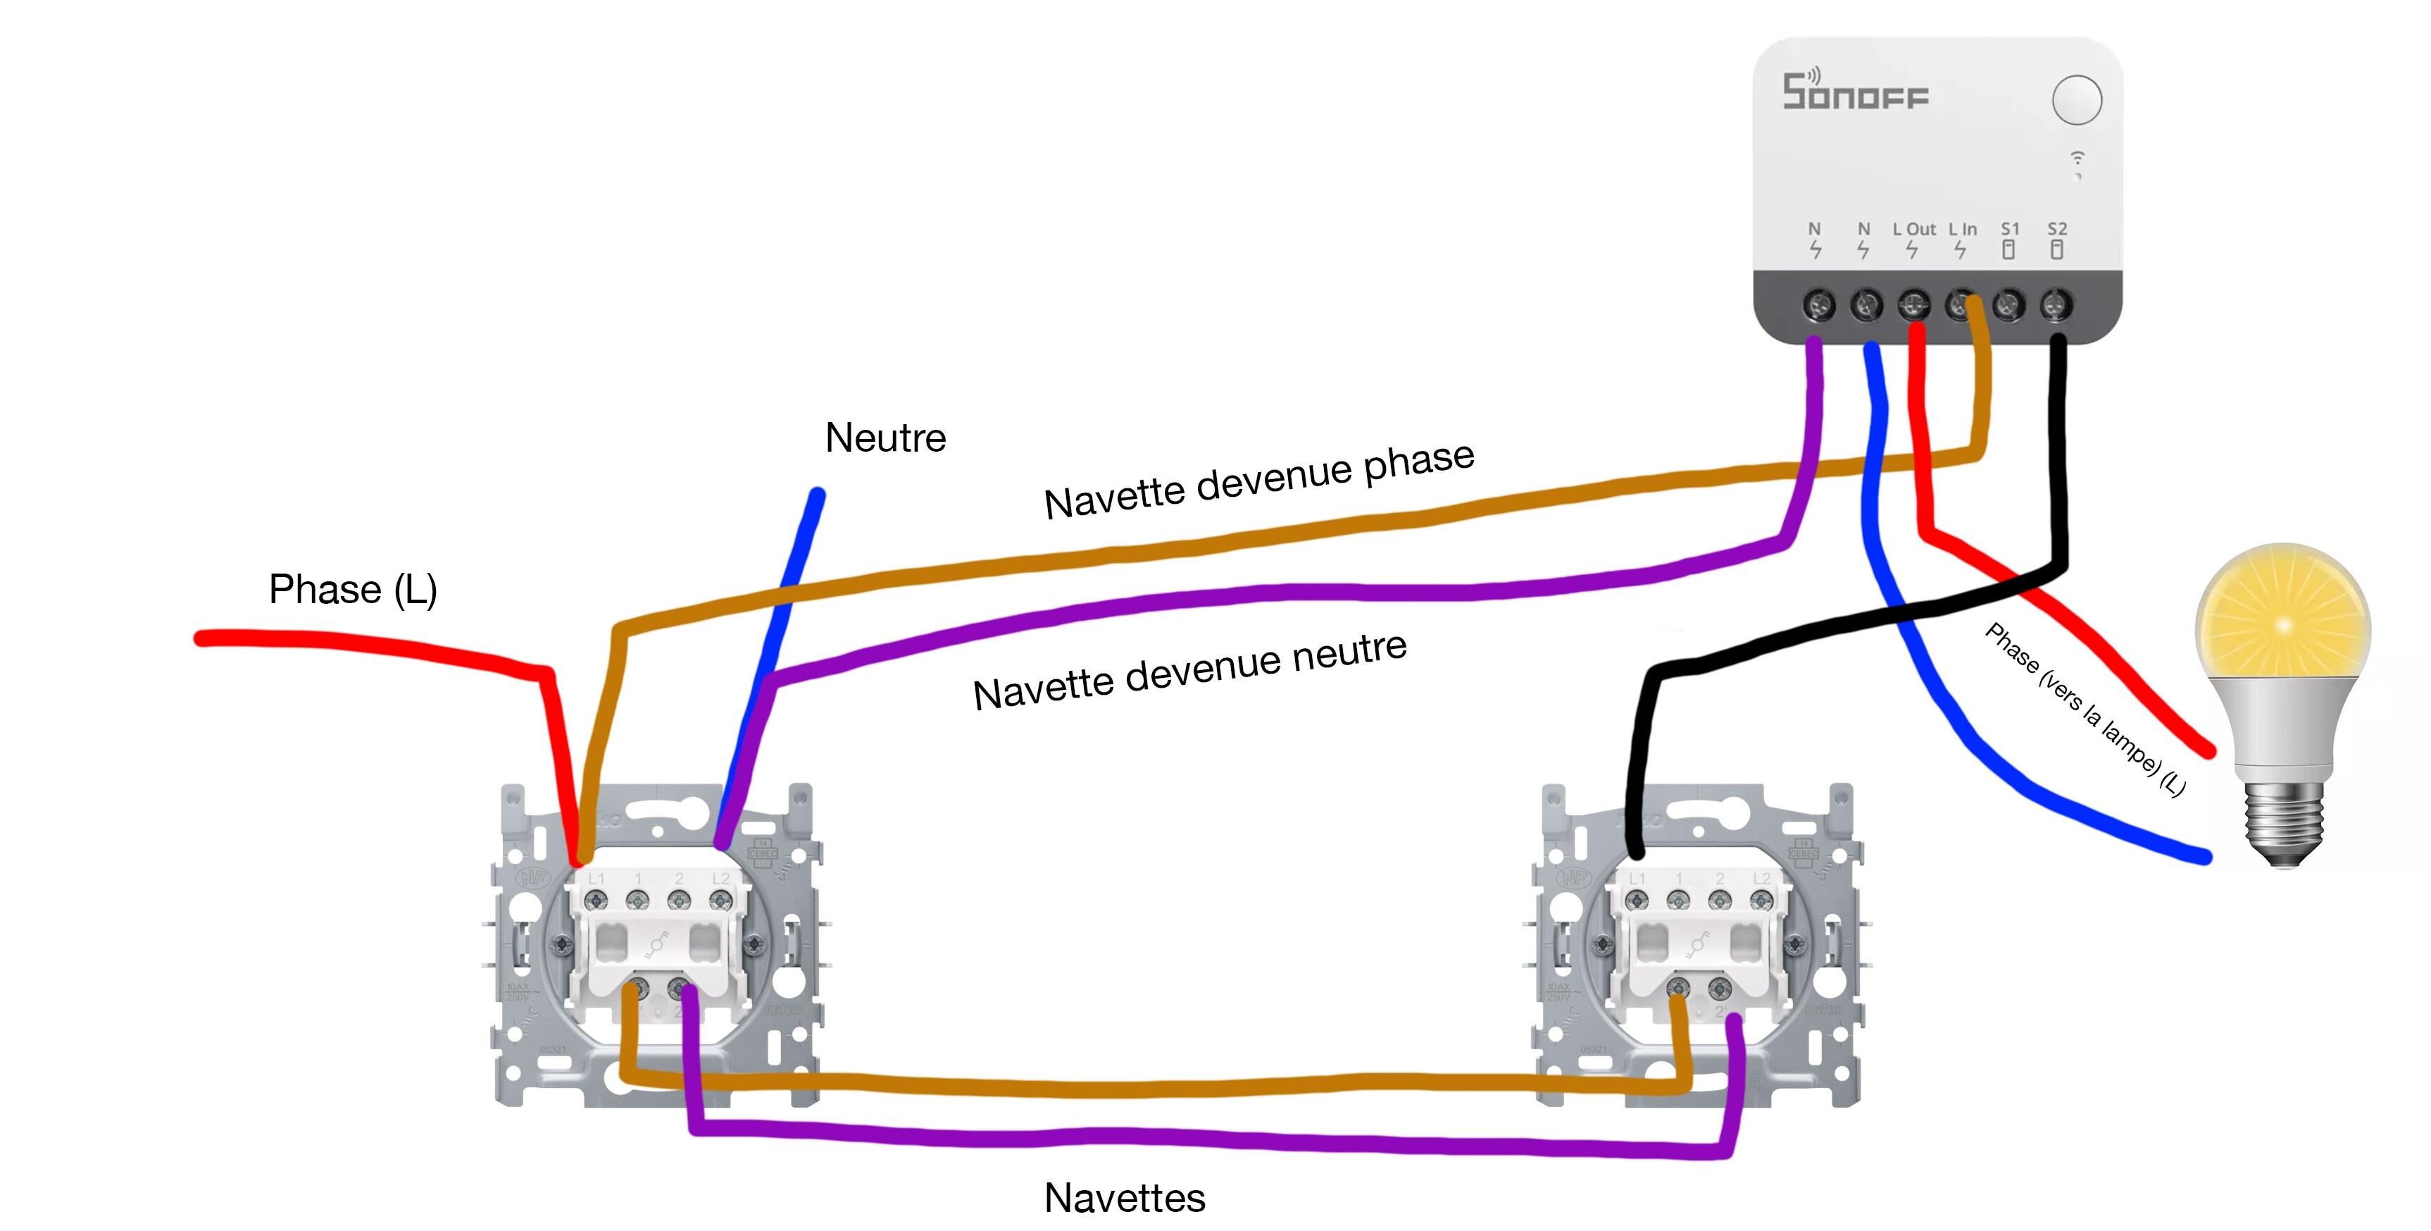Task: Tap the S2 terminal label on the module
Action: click(x=2057, y=230)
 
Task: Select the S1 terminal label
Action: click(x=2010, y=230)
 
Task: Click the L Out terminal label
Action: click(x=1914, y=230)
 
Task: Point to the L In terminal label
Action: click(x=1963, y=230)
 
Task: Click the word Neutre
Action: click(x=885, y=438)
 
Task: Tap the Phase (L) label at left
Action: click(x=353, y=589)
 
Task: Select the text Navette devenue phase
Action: click(x=1259, y=481)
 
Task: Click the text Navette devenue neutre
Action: click(x=1190, y=672)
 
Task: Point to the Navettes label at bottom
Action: click(x=1124, y=1198)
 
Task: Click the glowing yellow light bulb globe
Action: click(x=2283, y=614)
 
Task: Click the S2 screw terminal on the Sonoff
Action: click(x=2056, y=305)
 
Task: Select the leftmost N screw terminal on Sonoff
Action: click(x=1818, y=305)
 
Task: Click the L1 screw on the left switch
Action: click(x=596, y=901)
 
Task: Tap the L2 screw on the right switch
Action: click(x=1761, y=901)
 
